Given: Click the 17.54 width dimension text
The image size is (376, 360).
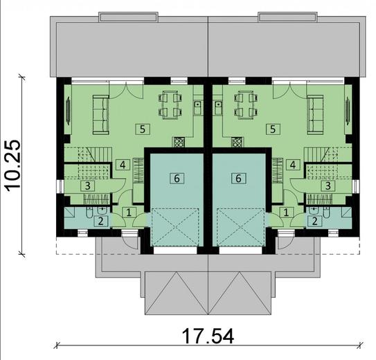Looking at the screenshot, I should (x=208, y=337).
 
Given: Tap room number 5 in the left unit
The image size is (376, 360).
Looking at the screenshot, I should (x=143, y=128).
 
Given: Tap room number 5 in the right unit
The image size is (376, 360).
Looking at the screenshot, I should (x=274, y=128).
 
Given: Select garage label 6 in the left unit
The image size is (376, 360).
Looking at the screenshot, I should (x=177, y=178).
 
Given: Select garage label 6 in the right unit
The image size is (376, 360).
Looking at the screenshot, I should (x=239, y=178).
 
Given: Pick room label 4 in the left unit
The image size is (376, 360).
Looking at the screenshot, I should (x=122, y=165).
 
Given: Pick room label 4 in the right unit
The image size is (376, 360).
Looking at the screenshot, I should (x=294, y=165).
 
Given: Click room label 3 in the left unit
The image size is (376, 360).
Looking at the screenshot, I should (x=88, y=185).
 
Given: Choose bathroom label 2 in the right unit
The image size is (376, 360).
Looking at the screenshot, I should (x=316, y=221).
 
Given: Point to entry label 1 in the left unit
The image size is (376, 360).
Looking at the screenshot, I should (x=129, y=213).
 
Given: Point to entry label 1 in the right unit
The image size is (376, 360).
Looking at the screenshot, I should (x=287, y=213).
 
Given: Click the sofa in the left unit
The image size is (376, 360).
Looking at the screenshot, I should (x=100, y=114).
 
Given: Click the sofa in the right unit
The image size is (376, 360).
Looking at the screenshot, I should (x=316, y=114).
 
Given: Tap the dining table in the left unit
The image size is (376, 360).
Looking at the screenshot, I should (x=170, y=104).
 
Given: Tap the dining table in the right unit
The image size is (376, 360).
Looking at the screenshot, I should (x=245, y=104).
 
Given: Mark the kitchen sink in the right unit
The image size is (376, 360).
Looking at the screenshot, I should (x=218, y=107).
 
